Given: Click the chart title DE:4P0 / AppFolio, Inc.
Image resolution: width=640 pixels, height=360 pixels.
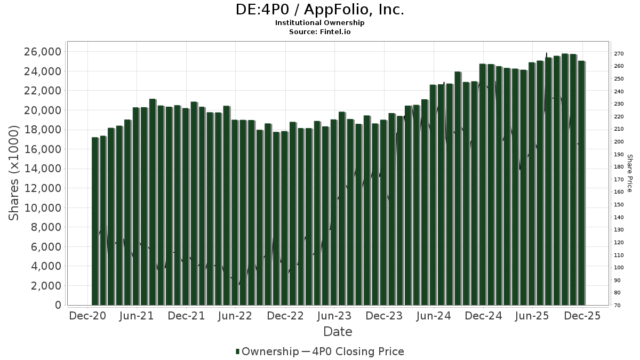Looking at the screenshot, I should pyautogui.click(x=320, y=10).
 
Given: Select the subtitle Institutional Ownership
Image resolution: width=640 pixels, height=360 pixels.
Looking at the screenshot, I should pyautogui.click(x=320, y=23).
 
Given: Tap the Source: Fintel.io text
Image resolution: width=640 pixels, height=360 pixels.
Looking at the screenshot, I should pyautogui.click(x=320, y=31).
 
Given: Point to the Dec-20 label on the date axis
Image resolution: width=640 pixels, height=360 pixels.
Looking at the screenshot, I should pyautogui.click(x=88, y=316).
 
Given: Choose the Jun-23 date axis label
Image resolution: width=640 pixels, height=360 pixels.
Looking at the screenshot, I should pyautogui.click(x=334, y=316).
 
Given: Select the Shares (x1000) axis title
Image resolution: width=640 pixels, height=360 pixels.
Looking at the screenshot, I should pyautogui.click(x=14, y=173).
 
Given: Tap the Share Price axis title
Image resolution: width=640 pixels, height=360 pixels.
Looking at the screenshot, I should pyautogui.click(x=630, y=173).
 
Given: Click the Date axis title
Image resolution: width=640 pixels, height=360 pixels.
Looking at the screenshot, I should pyautogui.click(x=338, y=332).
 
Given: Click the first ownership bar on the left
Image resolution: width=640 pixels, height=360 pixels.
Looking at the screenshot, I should pyautogui.click(x=95, y=221).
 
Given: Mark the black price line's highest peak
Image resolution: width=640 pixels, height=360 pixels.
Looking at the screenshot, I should pyautogui.click(x=547, y=53).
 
